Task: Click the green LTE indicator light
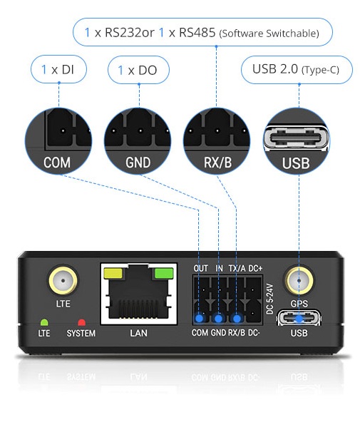coord(44,323)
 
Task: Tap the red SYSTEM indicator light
coord(81,323)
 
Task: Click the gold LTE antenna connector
coord(63,281)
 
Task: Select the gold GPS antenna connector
coord(299,280)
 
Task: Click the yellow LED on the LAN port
coord(113,274)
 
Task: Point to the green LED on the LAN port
coord(164,273)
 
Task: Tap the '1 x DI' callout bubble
coord(58,69)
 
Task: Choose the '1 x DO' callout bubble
coord(138,70)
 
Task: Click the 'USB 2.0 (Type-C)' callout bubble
coord(297,70)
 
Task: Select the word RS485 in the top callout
coord(197,33)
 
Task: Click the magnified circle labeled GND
coord(138,141)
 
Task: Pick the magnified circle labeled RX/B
coord(217,141)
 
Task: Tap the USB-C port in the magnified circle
coord(296,138)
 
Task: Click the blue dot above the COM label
coord(200,319)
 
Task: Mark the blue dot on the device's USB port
coord(299,319)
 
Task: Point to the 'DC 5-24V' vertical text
coord(269,299)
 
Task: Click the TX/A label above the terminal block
coord(237,269)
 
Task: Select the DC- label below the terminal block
coord(254,333)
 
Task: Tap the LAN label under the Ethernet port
coord(138,333)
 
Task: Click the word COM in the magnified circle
coord(57,163)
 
